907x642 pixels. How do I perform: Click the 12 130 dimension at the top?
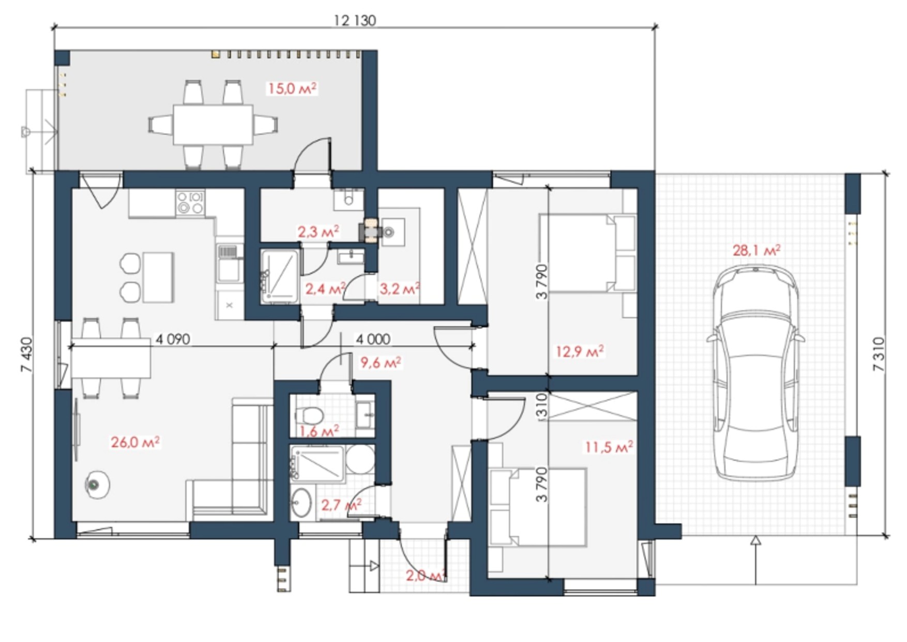click(355, 20)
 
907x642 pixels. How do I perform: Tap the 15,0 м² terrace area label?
click(292, 88)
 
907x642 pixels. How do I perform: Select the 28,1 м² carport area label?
click(756, 250)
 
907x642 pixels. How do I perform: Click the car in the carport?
click(755, 373)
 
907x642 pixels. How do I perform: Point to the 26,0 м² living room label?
click(135, 442)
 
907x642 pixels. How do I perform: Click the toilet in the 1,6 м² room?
click(309, 415)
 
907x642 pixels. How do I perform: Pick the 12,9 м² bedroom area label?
click(580, 352)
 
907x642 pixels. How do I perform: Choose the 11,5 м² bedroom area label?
click(609, 446)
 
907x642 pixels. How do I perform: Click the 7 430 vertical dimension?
click(26, 355)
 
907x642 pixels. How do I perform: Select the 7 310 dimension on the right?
click(879, 354)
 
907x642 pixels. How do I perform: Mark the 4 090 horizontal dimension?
click(173, 339)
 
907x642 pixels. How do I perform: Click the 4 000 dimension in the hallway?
click(373, 339)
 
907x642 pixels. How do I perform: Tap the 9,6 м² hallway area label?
click(381, 363)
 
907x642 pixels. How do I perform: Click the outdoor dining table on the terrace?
click(213, 124)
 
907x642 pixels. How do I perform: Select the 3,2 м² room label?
click(399, 289)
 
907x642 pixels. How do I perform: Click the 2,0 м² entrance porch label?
click(426, 575)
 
